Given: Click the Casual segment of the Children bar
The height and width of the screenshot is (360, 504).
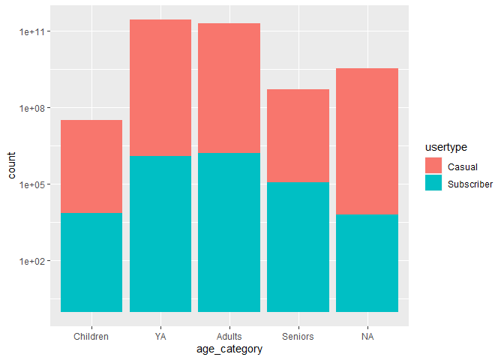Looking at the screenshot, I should coord(91,166).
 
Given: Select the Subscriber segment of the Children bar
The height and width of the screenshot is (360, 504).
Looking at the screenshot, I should coord(91,262).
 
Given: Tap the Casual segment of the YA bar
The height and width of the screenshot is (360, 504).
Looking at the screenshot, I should coord(160,87).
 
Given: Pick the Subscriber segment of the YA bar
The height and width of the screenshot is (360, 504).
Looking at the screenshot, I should coord(160,233).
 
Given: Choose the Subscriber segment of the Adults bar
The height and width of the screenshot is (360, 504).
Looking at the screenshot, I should coord(229,232).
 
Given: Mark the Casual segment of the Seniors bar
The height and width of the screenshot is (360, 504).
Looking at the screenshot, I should coord(298,136).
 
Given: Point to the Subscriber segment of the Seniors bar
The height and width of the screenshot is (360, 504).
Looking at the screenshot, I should coord(298,247).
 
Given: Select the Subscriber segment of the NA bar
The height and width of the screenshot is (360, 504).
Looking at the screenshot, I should coord(367,262).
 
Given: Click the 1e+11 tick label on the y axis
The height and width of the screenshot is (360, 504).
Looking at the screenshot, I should coord(30,31).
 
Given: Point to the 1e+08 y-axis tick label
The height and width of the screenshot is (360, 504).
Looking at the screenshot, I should coord(30,108).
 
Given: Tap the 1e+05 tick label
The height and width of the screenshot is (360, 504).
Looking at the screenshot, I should coord(30,184).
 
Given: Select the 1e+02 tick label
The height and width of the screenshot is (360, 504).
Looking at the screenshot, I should coord(30,261).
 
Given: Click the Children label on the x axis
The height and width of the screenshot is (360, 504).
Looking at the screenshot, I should coord(91,337).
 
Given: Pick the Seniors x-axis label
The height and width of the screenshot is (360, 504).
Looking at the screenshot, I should coord(298,337).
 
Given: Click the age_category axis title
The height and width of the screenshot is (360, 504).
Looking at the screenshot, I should coord(229,349).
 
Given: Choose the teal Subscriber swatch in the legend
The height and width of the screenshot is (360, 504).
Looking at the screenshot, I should coord(433,183).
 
